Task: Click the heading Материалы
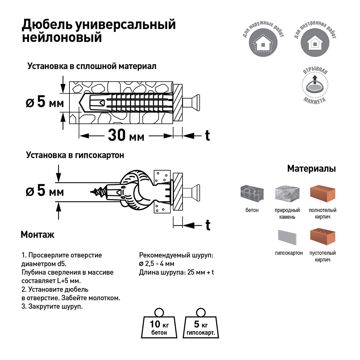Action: coord(311,169)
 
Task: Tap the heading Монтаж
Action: coord(37,235)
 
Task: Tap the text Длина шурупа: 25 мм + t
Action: coord(176,273)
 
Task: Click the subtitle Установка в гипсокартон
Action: coord(75,156)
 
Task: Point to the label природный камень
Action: coord(287,213)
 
